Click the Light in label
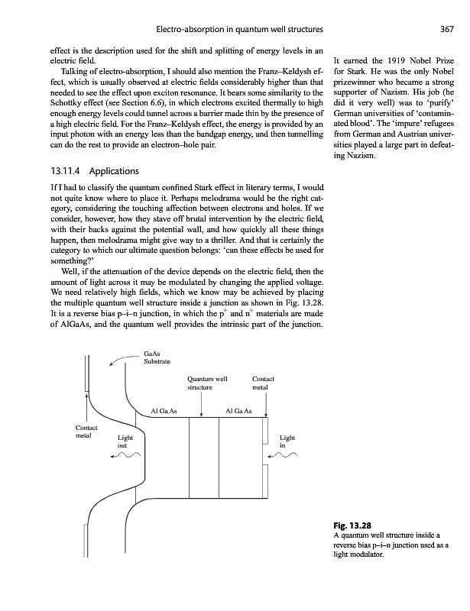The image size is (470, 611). pyautogui.click(x=284, y=442)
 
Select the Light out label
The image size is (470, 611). pyautogui.click(x=125, y=442)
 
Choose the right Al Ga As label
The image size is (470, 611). pyautogui.click(x=242, y=411)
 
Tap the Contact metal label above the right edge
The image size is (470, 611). pyautogui.click(x=263, y=383)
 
